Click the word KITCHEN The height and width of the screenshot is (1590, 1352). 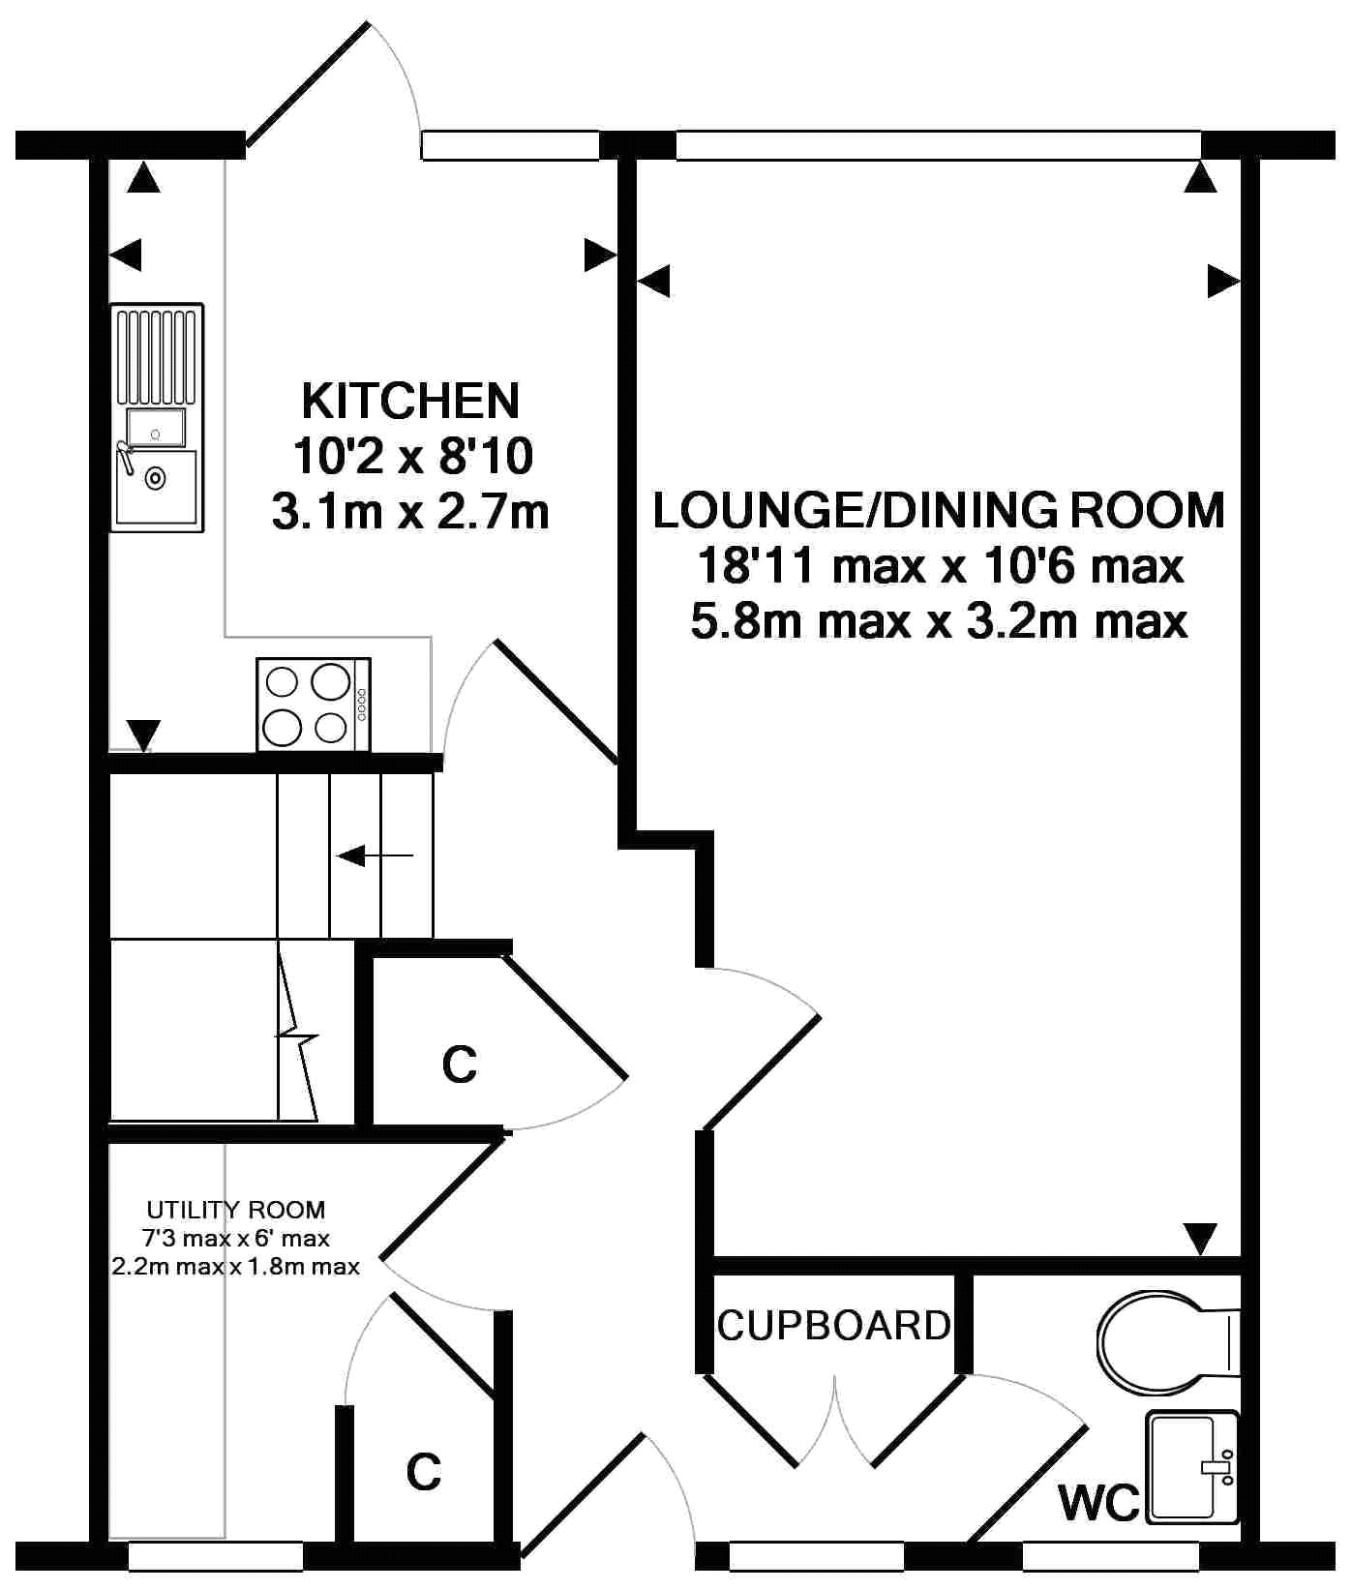(411, 401)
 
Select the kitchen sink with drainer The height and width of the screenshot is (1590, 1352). (157, 417)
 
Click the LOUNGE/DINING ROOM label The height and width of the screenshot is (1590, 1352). (939, 510)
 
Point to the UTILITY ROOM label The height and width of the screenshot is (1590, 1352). (236, 1210)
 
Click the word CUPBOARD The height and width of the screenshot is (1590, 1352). (834, 1325)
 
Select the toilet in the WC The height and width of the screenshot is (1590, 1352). (1169, 1340)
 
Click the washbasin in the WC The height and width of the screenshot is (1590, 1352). (1192, 1467)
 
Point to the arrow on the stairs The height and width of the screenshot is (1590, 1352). (375, 855)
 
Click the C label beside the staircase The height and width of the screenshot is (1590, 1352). (460, 1064)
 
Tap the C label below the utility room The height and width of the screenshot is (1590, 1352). (424, 1471)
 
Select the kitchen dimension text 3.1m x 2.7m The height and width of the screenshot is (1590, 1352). (411, 512)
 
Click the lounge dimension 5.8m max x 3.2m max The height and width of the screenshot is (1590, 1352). (939, 620)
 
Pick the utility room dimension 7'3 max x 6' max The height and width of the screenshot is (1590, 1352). (236, 1238)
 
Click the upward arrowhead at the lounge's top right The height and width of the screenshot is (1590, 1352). (1201, 177)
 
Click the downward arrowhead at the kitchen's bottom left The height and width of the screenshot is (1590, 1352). (143, 735)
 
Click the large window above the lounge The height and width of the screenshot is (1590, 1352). (938, 145)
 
